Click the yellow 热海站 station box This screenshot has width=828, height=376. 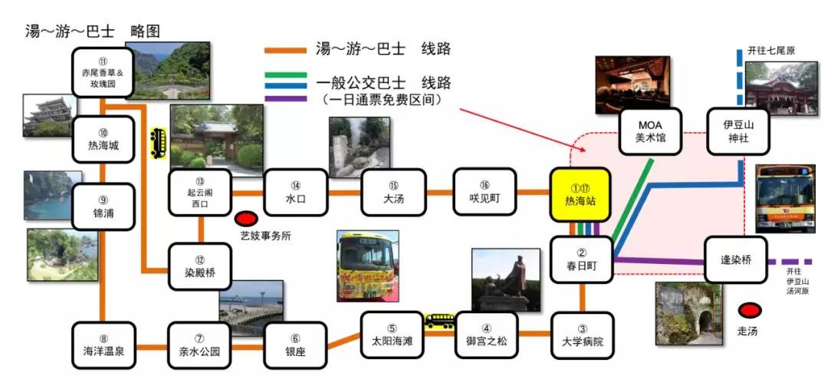click(x=580, y=196)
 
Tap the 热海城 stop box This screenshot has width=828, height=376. click(x=103, y=139)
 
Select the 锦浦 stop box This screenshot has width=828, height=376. click(x=103, y=206)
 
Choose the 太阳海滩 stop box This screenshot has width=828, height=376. click(x=392, y=335)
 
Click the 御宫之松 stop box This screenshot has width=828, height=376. click(x=487, y=335)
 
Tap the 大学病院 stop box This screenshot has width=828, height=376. click(x=582, y=335)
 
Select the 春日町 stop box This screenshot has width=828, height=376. click(x=582, y=260)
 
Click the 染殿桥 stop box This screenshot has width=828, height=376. click(x=199, y=266)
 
